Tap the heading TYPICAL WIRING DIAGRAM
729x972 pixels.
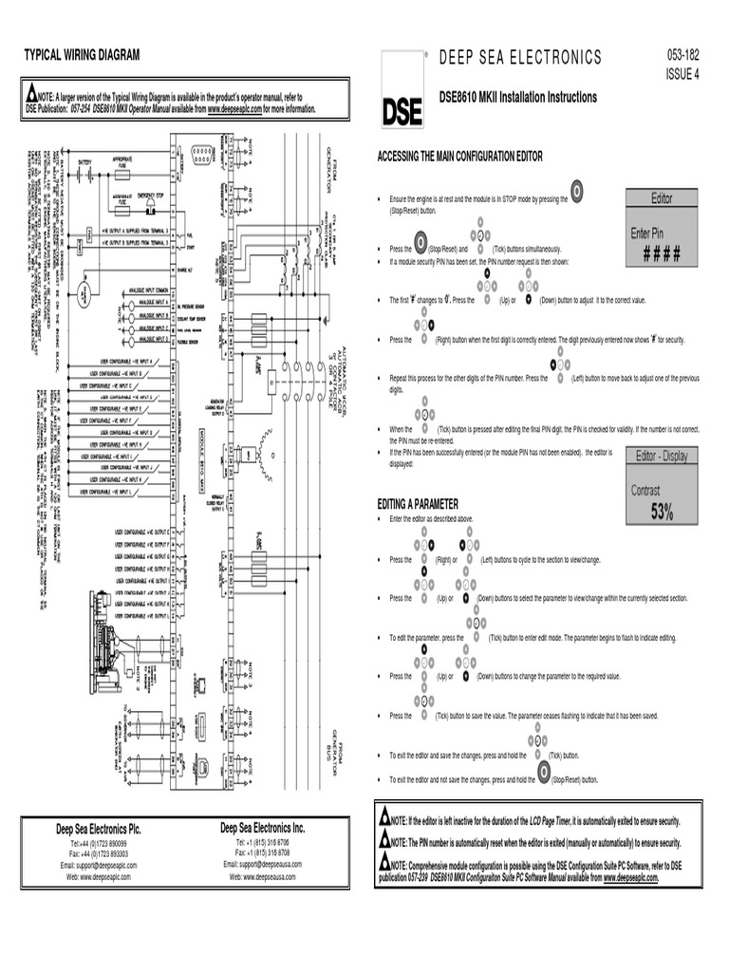click(x=82, y=56)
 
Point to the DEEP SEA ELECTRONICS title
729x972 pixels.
click(x=520, y=58)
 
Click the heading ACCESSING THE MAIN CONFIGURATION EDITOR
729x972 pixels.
click(x=460, y=157)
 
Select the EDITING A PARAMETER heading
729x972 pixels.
click(x=418, y=503)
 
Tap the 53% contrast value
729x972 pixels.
click(x=662, y=513)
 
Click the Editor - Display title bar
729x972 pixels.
click(x=662, y=456)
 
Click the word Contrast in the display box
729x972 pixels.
click(x=651, y=491)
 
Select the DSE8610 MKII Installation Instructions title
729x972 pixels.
click(x=518, y=98)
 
